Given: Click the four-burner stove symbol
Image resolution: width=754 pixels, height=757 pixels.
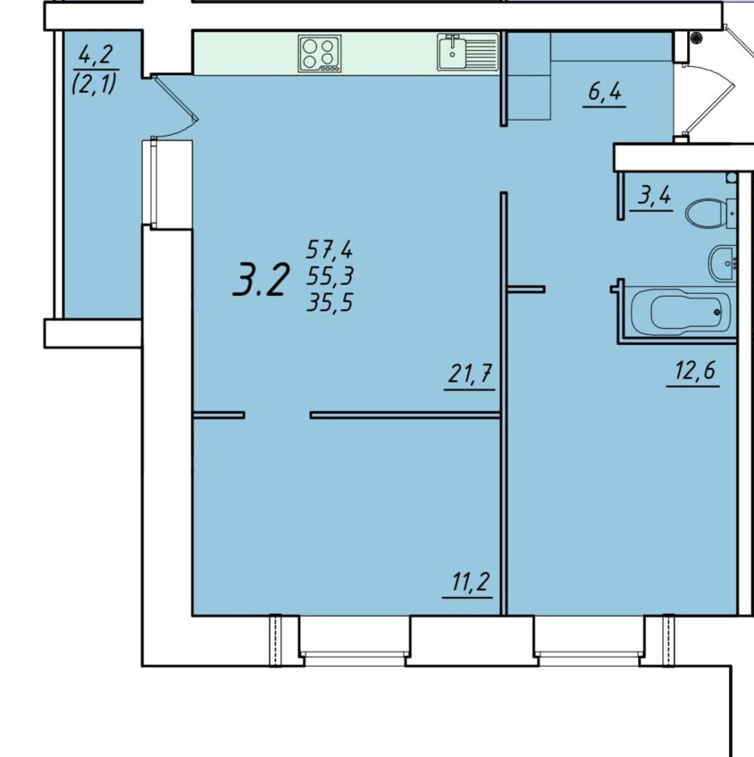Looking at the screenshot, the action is (x=320, y=53).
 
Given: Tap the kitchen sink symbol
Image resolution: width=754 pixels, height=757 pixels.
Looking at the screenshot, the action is (x=468, y=52).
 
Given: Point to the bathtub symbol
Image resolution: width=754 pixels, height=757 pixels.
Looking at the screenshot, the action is (x=680, y=311).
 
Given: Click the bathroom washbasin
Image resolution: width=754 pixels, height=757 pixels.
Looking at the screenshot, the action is (x=723, y=263).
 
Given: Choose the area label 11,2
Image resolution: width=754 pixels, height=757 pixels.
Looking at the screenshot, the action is (x=470, y=582).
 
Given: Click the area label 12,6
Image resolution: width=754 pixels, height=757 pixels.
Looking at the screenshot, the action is (x=695, y=372).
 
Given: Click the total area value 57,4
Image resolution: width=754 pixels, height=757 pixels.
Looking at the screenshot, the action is (x=330, y=249).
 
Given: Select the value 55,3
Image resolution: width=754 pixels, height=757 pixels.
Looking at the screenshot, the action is (x=330, y=276).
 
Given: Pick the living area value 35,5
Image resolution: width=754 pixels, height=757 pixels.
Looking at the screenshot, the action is (x=330, y=302).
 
